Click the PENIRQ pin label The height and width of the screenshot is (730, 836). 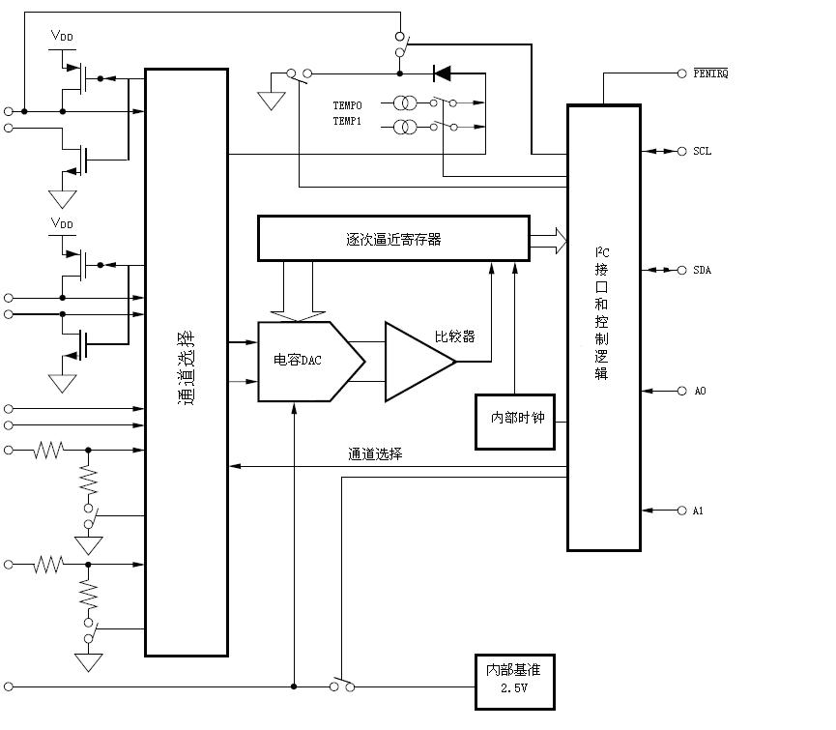click(x=710, y=73)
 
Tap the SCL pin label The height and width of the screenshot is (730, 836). click(x=702, y=152)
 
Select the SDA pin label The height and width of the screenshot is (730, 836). click(x=702, y=270)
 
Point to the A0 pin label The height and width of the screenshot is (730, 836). click(x=700, y=391)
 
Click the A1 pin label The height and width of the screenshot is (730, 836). click(x=699, y=510)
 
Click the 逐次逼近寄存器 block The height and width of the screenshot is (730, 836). click(x=393, y=239)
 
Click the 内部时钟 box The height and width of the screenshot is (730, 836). click(x=515, y=422)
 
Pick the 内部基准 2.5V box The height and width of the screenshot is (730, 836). click(x=515, y=682)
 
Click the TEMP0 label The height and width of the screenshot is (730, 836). click(x=348, y=104)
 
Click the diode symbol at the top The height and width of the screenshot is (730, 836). click(x=443, y=73)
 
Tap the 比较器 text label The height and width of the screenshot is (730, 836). click(x=454, y=337)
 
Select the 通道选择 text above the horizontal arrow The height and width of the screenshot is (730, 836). click(x=375, y=453)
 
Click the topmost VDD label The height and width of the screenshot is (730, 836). click(x=62, y=37)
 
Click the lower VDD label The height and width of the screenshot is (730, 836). click(x=62, y=224)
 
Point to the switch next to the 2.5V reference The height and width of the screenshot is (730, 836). click(x=343, y=685)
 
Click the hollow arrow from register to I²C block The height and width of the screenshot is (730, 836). click(x=548, y=239)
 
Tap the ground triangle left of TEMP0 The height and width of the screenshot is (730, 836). click(x=271, y=99)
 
